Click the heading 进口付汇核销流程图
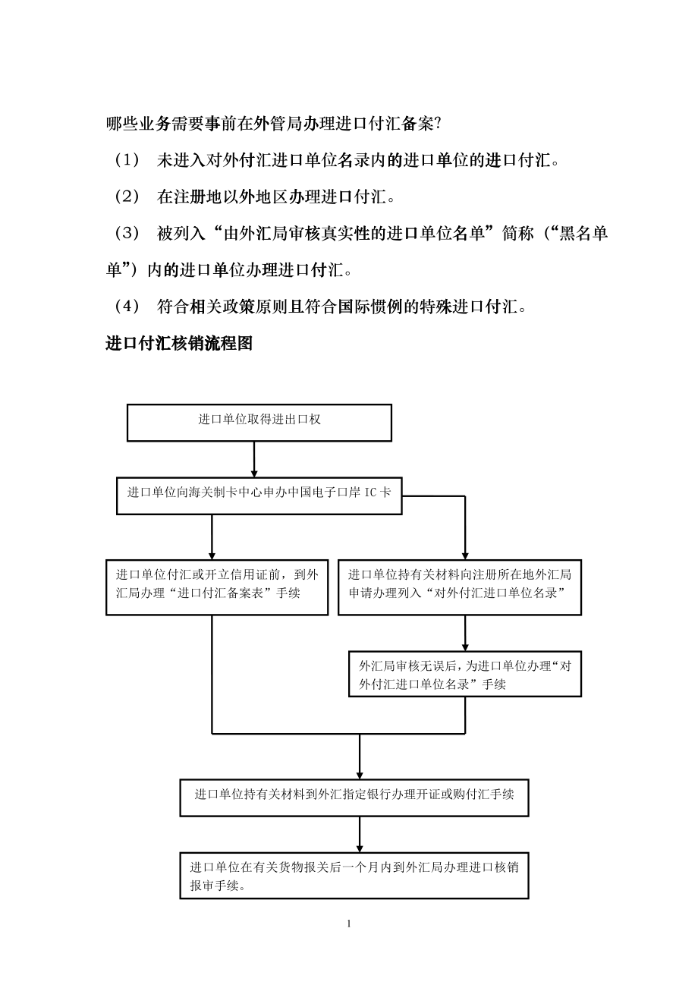click(178, 344)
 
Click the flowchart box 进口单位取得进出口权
click(259, 423)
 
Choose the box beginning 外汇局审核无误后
click(464, 674)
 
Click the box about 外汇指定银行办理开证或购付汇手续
click(354, 798)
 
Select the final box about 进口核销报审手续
click(354, 877)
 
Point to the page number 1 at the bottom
click(348, 924)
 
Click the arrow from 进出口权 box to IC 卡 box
click(253, 459)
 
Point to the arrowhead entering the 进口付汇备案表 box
click(212, 555)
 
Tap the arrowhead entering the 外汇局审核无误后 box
click(465, 646)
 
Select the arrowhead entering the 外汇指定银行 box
click(360, 773)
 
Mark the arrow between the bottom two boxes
click(360, 835)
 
